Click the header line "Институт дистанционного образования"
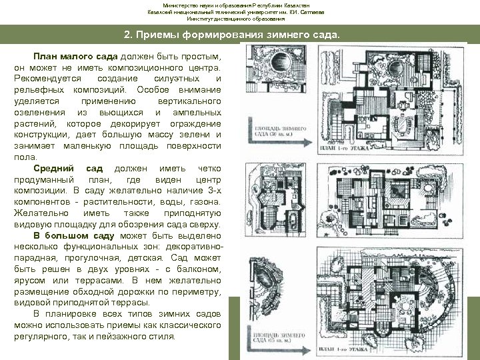point(239,19)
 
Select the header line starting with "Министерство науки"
point(240,5)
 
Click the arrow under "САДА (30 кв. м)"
point(273,141)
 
